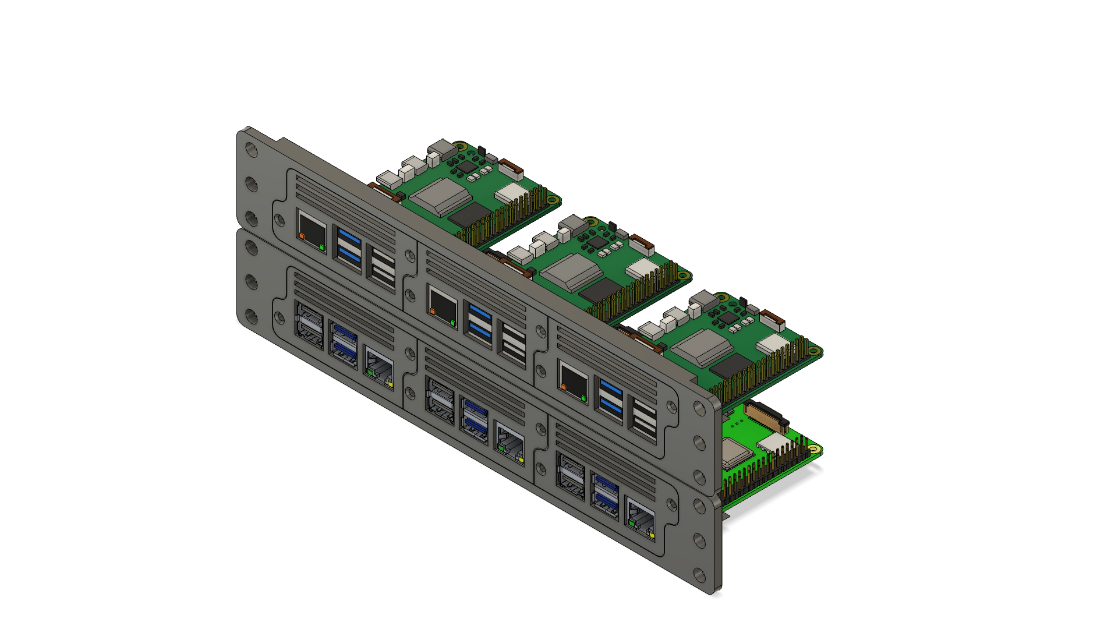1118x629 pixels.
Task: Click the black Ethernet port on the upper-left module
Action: (312, 231)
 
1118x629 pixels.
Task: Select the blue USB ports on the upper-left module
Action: (349, 246)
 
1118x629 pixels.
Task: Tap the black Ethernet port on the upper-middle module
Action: (443, 306)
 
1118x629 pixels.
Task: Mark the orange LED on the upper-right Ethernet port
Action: (563, 386)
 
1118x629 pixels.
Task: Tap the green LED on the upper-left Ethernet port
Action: (322, 248)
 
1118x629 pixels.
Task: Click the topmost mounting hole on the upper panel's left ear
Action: (252, 150)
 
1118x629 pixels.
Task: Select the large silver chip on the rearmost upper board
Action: (442, 196)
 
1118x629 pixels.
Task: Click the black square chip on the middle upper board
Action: (600, 289)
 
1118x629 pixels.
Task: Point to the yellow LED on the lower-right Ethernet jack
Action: (652, 534)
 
